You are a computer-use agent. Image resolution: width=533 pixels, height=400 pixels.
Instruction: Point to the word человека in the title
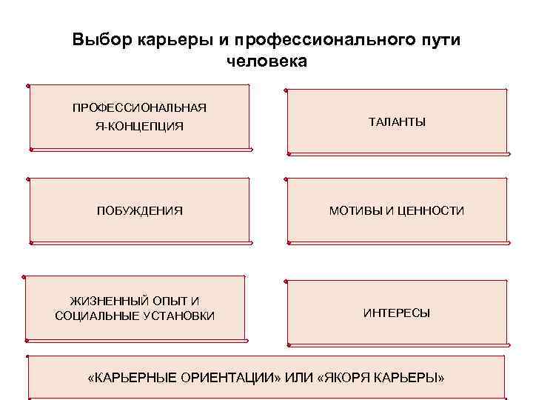click(266, 61)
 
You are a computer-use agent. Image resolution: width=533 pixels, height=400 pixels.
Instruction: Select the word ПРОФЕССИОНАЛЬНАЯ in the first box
click(139, 107)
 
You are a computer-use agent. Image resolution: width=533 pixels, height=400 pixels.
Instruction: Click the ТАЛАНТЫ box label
click(397, 121)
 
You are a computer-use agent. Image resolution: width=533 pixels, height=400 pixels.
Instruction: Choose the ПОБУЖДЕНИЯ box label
click(139, 211)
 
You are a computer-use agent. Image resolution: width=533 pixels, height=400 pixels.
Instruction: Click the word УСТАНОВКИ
click(178, 316)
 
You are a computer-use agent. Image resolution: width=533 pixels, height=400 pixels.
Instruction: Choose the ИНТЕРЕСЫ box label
click(397, 313)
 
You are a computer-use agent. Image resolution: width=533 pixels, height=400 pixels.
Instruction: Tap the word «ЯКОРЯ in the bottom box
click(345, 378)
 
